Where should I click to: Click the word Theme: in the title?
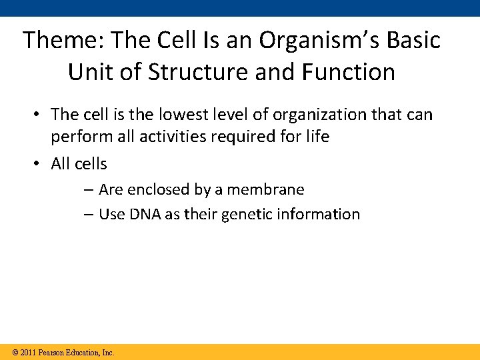click(64, 40)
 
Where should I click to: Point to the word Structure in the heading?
click(183, 72)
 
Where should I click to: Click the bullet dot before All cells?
click(39, 163)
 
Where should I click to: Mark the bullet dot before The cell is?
click(39, 115)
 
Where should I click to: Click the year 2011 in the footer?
click(27, 352)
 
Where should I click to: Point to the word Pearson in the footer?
click(51, 352)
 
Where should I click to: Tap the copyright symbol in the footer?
click(14, 352)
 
